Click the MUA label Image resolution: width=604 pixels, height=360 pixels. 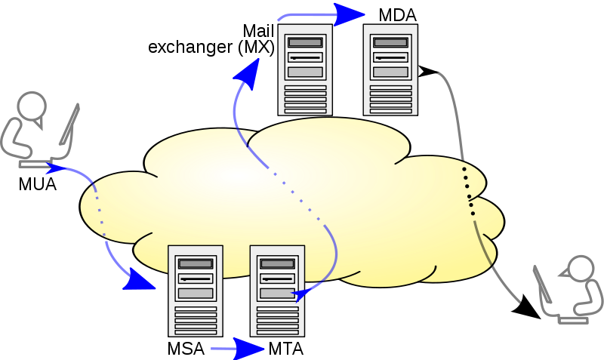pyautogui.click(x=38, y=183)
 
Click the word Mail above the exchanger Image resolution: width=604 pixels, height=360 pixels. pyautogui.click(x=258, y=31)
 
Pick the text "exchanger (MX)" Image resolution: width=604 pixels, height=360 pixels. pyautogui.click(x=211, y=48)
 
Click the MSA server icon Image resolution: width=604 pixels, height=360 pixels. pyautogui.click(x=195, y=291)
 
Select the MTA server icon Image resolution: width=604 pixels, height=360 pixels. pyautogui.click(x=277, y=291)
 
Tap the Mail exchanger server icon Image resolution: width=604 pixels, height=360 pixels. pyautogui.click(x=305, y=69)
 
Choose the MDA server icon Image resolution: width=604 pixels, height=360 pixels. pyautogui.click(x=390, y=69)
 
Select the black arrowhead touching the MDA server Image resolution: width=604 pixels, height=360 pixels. pyautogui.click(x=428, y=72)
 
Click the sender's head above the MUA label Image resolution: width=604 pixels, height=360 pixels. pyautogui.click(x=32, y=106)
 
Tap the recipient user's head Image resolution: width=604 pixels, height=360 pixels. pyautogui.click(x=581, y=269)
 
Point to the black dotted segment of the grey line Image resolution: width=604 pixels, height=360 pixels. pyautogui.click(x=469, y=189)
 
